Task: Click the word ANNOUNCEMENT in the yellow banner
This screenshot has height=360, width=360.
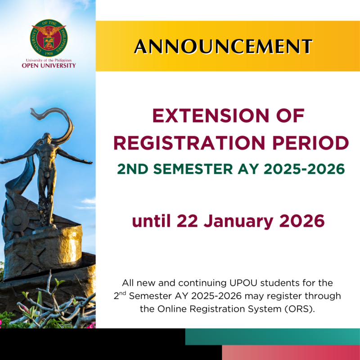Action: [224, 46]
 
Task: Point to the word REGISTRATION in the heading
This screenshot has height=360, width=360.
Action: [184, 143]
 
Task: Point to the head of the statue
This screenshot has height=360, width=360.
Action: [45, 137]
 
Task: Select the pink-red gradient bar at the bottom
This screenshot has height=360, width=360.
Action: [290, 353]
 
